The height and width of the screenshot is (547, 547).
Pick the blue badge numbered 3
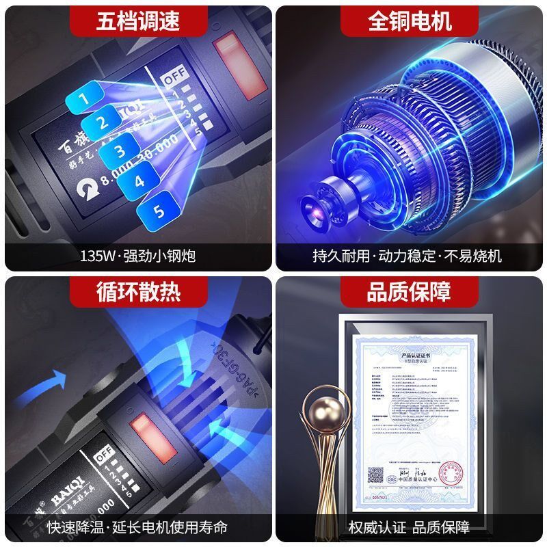point(119,151)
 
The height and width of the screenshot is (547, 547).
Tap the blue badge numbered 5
point(159,210)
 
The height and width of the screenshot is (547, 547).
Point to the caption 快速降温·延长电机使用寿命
point(137,527)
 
